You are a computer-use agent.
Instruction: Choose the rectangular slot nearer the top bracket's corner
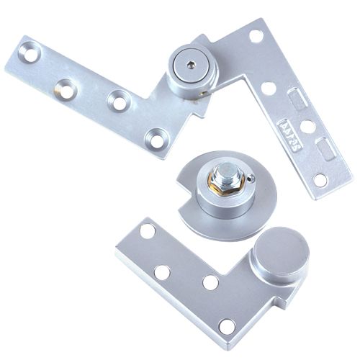[x=296, y=98]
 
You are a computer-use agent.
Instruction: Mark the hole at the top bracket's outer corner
[x=253, y=35]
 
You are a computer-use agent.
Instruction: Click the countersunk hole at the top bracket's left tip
[x=29, y=53]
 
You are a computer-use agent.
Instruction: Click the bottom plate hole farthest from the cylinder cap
[x=148, y=233]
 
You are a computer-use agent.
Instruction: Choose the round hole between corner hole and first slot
[x=269, y=86]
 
